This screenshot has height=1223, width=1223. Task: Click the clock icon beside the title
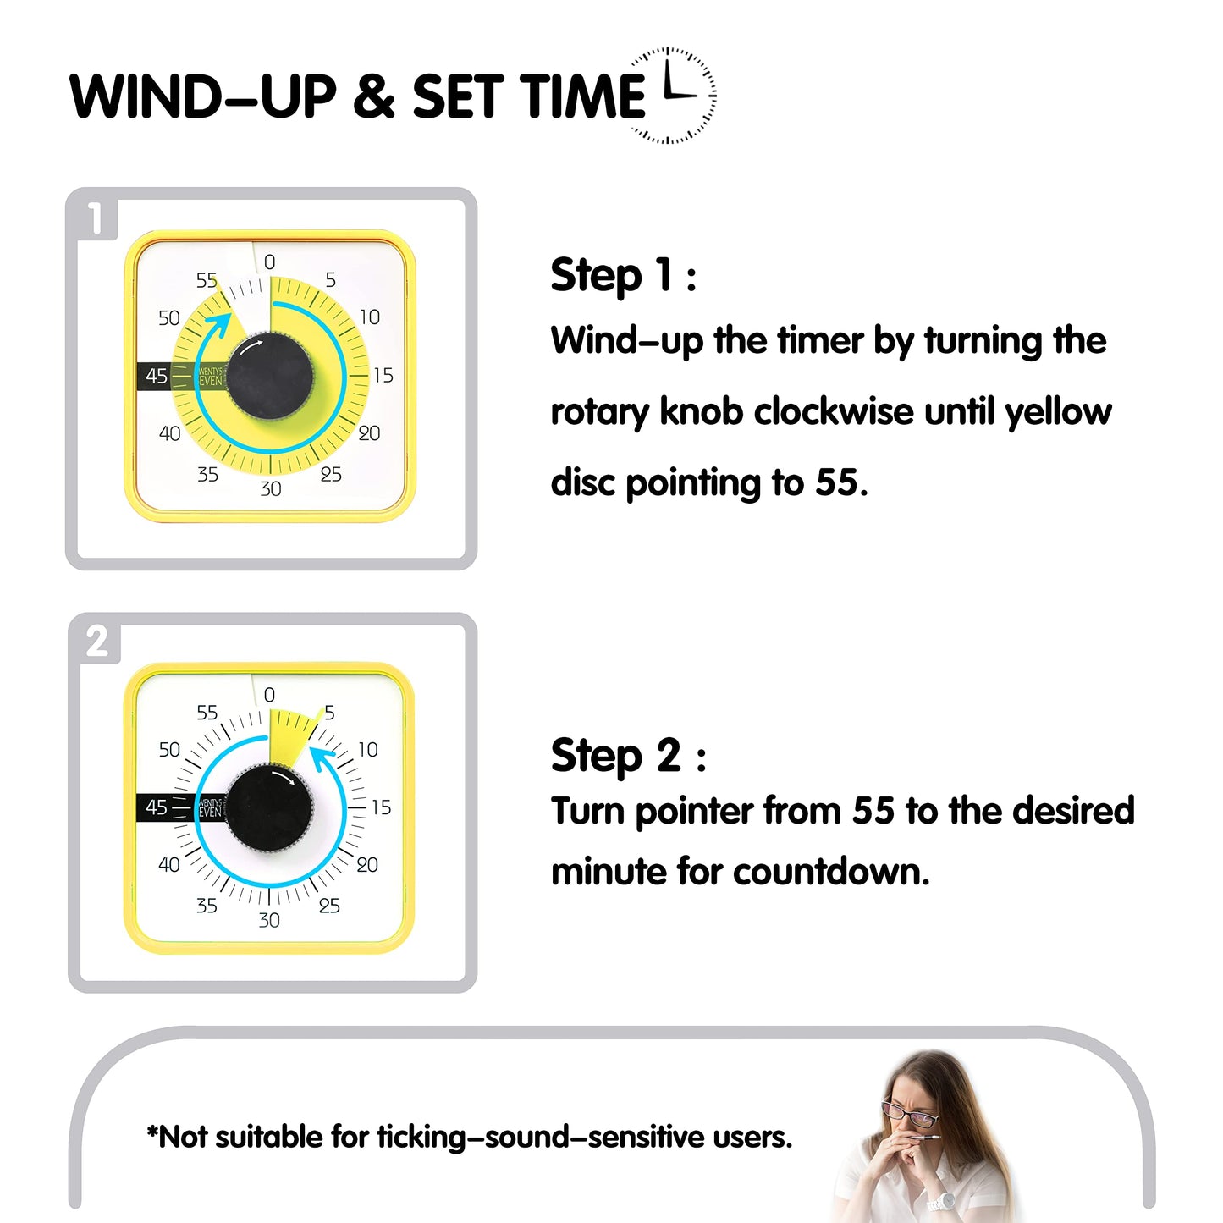pyautogui.click(x=674, y=96)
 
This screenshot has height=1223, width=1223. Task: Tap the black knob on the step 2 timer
pyautogui.click(x=269, y=808)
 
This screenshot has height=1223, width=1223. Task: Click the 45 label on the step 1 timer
pyautogui.click(x=157, y=376)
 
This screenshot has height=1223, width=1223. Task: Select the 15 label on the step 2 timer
pyautogui.click(x=382, y=807)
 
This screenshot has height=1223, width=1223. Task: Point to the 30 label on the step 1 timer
pyautogui.click(x=271, y=488)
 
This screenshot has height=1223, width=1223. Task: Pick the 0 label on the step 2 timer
pyautogui.click(x=269, y=695)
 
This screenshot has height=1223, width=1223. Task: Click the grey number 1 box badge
pyautogui.click(x=96, y=218)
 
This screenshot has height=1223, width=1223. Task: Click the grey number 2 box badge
pyautogui.click(x=97, y=642)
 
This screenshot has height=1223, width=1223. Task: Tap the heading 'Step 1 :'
pyautogui.click(x=624, y=276)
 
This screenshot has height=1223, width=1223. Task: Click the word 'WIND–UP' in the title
pyautogui.click(x=203, y=96)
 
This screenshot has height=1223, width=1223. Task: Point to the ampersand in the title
pyautogui.click(x=374, y=96)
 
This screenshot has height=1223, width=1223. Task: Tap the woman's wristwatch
pyautogui.click(x=940, y=1200)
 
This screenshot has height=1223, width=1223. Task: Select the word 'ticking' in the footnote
pyautogui.click(x=421, y=1137)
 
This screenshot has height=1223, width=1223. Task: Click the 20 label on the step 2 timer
pyautogui.click(x=367, y=864)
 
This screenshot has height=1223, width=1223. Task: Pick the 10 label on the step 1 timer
pyautogui.click(x=370, y=317)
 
